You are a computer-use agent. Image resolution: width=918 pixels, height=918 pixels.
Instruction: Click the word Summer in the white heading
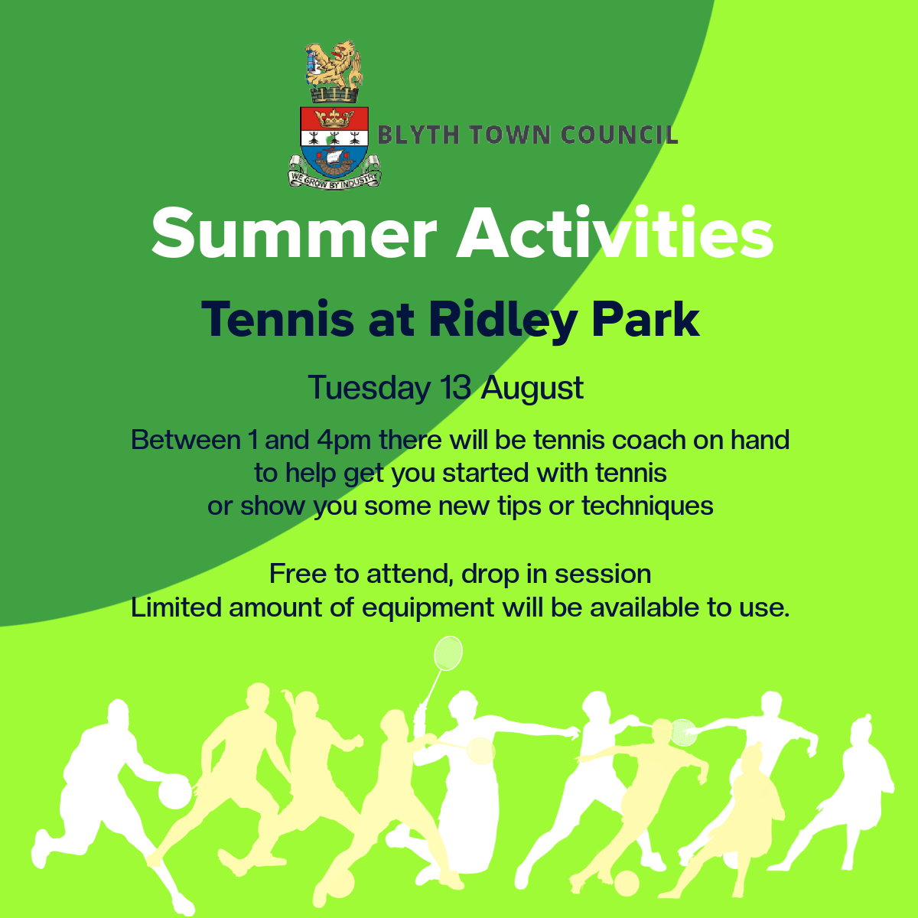click(294, 233)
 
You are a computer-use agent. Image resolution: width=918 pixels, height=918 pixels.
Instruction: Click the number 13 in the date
click(455, 387)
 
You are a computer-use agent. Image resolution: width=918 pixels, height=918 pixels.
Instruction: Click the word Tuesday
click(369, 389)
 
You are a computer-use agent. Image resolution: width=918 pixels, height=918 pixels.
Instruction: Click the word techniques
click(647, 506)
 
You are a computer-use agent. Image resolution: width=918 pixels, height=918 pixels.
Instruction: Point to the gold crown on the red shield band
click(334, 118)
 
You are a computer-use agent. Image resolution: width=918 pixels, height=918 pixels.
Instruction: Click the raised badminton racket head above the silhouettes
click(448, 653)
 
